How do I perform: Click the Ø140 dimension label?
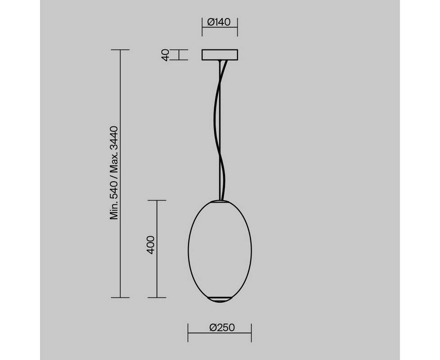click(x=219, y=22)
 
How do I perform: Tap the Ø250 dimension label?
click(x=222, y=328)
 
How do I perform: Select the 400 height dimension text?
click(x=151, y=245)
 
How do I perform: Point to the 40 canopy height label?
click(x=166, y=55)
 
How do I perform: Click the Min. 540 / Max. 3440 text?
click(x=114, y=173)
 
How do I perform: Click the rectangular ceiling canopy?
click(x=220, y=55)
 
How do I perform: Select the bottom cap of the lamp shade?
click(x=220, y=299)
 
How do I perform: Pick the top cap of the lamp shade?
click(x=220, y=201)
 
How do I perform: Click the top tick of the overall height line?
click(x=121, y=49)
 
